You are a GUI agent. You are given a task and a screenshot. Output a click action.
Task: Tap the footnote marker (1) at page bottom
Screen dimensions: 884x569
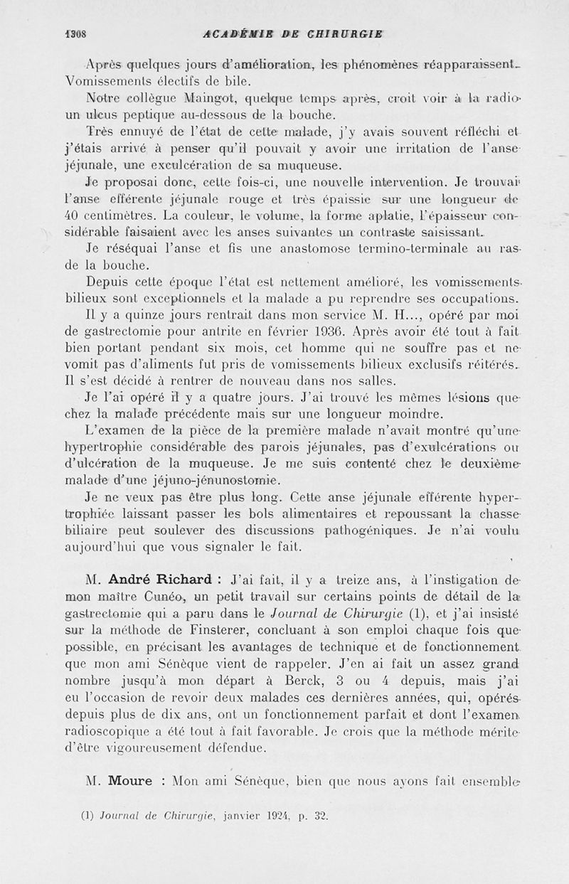[x=89, y=816]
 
